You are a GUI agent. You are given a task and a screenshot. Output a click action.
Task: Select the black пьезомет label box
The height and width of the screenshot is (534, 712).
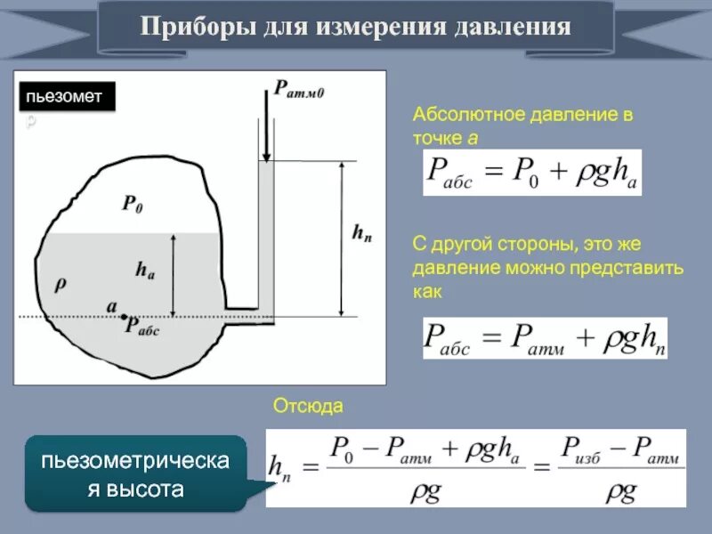(68, 96)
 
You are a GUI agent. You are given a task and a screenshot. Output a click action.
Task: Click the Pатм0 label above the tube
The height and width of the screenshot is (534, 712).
(298, 88)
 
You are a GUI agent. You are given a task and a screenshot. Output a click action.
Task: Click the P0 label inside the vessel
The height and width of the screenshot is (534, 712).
(133, 205)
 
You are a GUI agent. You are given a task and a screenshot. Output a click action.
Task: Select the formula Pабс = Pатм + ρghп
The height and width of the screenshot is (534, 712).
(544, 338)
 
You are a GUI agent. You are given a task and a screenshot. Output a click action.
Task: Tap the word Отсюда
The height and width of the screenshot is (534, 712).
(308, 406)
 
